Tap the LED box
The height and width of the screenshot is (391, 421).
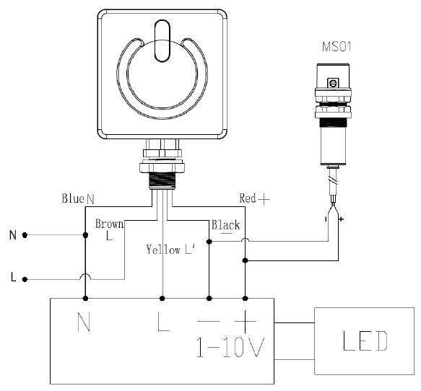365,340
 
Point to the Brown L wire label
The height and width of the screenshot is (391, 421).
109,229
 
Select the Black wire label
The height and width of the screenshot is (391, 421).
225,226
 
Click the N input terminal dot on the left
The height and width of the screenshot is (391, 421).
25,235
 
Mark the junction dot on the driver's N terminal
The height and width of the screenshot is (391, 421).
85,297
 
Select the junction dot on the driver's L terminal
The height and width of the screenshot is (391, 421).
162,297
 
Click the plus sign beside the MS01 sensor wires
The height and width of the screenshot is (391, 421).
340,219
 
